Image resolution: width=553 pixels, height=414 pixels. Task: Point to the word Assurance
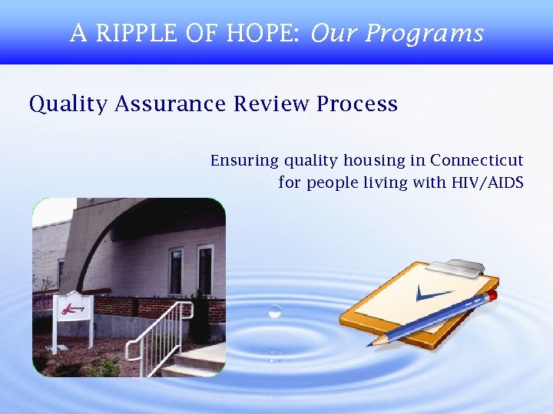[171, 103]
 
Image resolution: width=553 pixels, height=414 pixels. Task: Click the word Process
[357, 103]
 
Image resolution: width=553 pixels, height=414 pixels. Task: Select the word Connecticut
[476, 160]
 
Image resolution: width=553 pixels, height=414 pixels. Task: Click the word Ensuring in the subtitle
[245, 161]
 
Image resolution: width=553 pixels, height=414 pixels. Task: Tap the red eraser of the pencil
[492, 295]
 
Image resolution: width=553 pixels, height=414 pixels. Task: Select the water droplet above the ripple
[274, 310]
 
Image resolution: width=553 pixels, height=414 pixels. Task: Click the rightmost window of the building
[205, 270]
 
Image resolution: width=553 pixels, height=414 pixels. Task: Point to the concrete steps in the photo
[196, 362]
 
